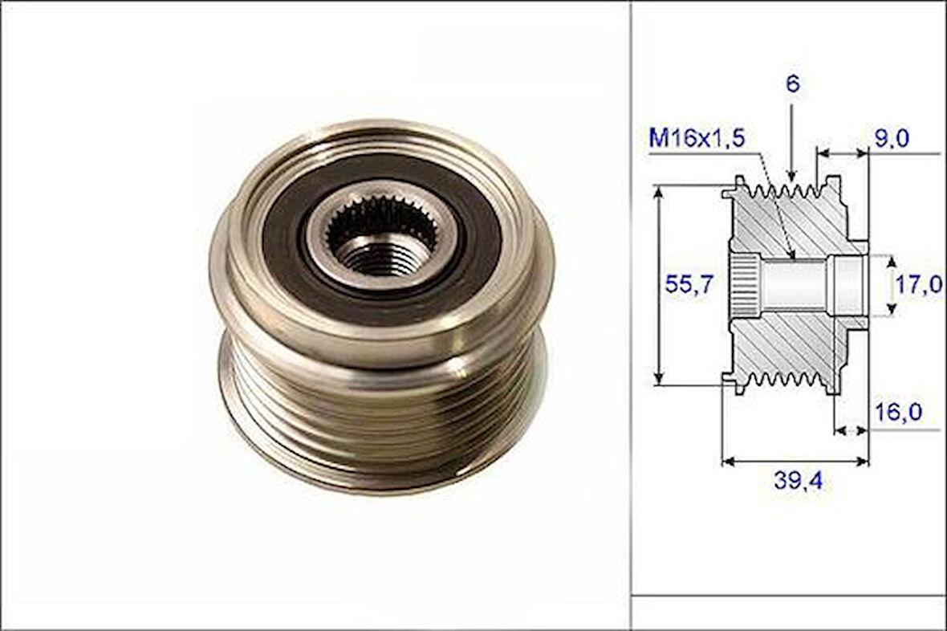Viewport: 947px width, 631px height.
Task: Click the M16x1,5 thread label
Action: pos(697,139)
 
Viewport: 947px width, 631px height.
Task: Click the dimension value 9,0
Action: pos(891,139)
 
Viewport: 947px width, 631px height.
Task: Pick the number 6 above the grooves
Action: pos(792,84)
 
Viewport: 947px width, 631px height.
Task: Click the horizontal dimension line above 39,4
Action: pos(795,461)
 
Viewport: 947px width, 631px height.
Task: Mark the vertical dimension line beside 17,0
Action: pos(890,284)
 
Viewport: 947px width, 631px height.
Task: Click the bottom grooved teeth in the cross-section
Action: pos(782,379)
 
